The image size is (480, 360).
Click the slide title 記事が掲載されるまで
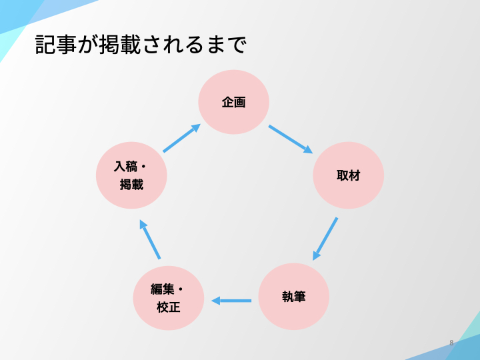(x=141, y=45)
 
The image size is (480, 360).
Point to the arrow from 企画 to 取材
(x=291, y=139)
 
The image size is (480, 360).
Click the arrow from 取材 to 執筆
(x=325, y=239)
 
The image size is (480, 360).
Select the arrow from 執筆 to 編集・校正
(x=231, y=301)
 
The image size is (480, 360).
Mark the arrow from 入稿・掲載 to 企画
(x=181, y=138)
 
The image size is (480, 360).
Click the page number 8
(x=451, y=343)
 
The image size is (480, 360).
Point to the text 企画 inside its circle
(x=233, y=102)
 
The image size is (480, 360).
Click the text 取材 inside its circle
(x=348, y=175)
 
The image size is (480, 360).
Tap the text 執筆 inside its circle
(x=293, y=297)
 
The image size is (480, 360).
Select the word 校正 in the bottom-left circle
(x=168, y=307)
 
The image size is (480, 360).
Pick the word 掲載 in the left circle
(x=131, y=185)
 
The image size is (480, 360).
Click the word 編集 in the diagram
(x=162, y=289)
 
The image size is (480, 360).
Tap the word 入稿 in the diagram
(x=125, y=167)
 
